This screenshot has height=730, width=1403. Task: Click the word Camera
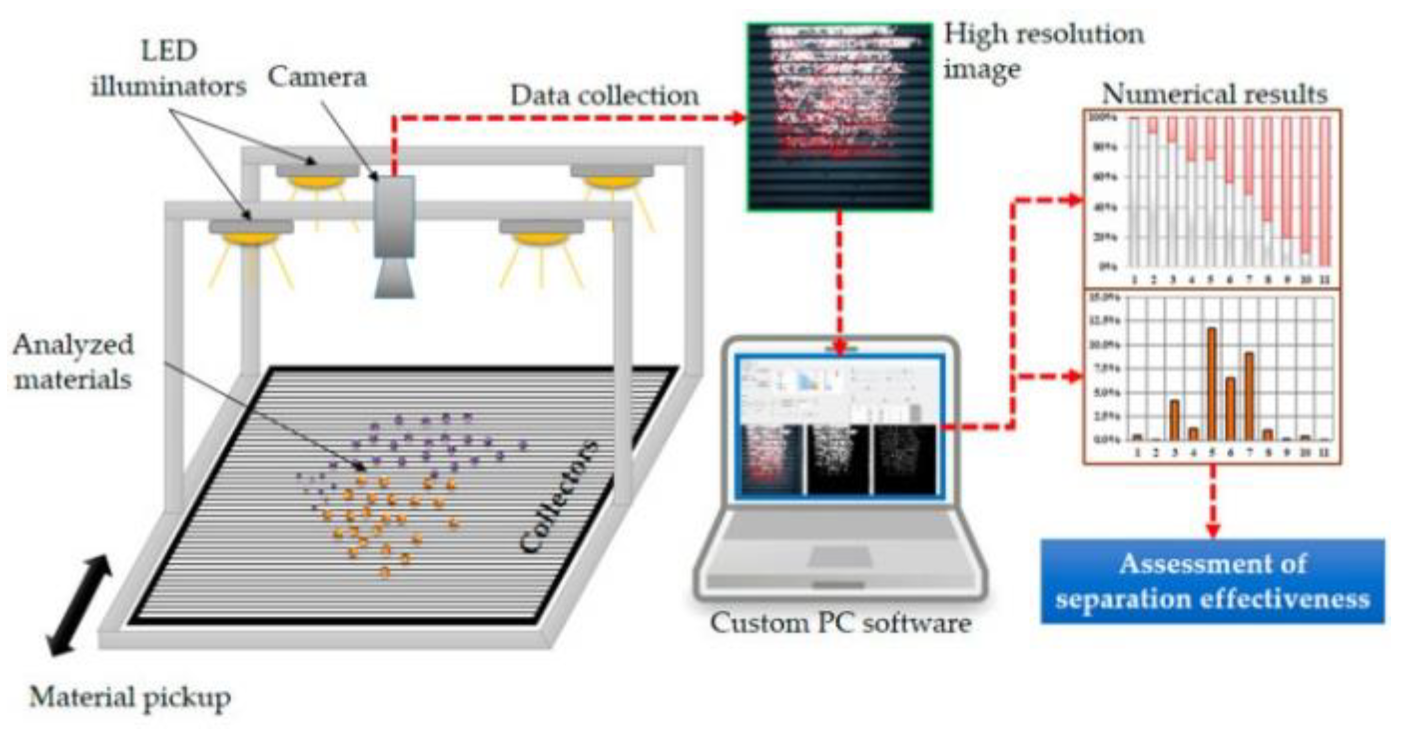pos(317,77)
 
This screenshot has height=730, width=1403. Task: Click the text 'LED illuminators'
pos(169,69)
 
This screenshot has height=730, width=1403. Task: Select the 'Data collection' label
pos(604,96)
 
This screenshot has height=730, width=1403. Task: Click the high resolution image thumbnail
pos(839,117)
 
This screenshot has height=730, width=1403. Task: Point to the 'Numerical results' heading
pos(1214,94)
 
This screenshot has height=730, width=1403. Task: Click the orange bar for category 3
pos(1174,419)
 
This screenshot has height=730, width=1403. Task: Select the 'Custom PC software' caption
pos(840,623)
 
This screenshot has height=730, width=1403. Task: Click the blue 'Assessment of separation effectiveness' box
pos(1213,581)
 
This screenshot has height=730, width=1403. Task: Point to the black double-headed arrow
pos(79,605)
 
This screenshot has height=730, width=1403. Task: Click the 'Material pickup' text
pos(130,697)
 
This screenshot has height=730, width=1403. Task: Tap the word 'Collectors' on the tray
pos(558,496)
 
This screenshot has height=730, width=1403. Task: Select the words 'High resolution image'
pos(1043,52)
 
